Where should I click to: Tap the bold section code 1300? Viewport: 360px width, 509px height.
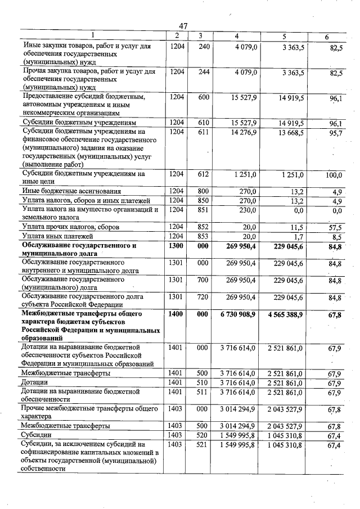(x=177, y=246)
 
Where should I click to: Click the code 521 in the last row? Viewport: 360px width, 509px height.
(x=204, y=445)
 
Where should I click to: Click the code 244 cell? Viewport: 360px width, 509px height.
(x=204, y=73)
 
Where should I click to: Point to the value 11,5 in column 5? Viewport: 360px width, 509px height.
(x=298, y=227)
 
